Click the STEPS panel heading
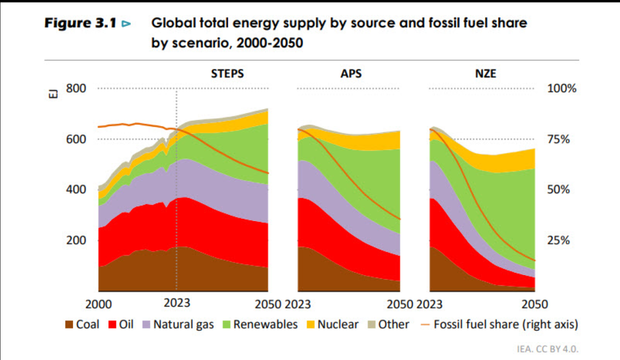coord(227,73)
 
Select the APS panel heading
coord(351,73)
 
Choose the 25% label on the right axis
coord(557,240)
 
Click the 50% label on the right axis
coord(557,189)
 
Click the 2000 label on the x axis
coord(99,304)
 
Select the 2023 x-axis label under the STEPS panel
coord(177,304)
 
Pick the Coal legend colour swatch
coord(69,325)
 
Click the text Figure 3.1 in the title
coord(80,24)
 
